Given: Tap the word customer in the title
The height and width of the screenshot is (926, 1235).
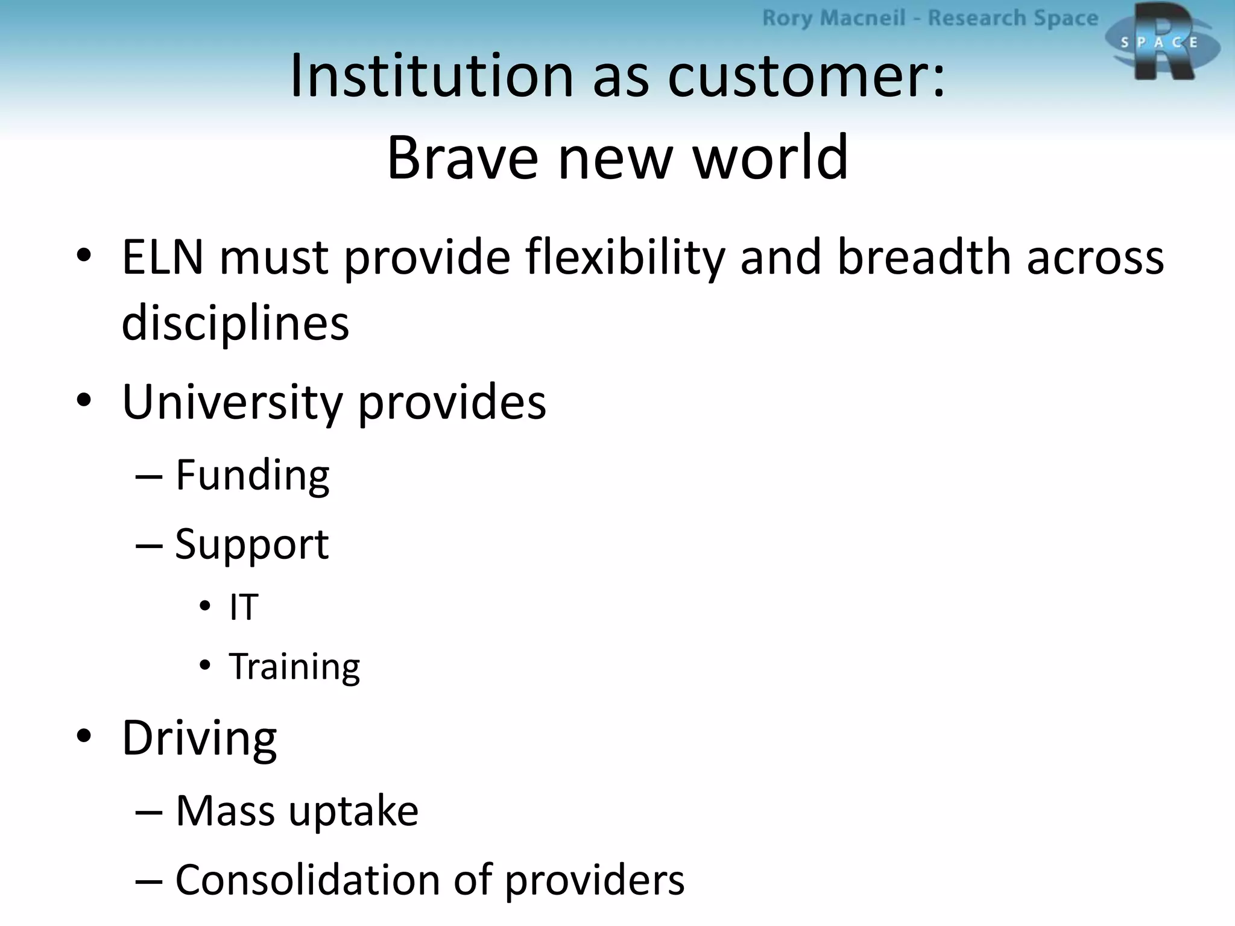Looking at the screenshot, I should coord(806,77).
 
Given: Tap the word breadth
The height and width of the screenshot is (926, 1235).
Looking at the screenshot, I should coord(924,257).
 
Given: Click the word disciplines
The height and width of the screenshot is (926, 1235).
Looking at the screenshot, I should coord(235,323).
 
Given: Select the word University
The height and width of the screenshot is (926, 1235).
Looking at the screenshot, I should coord(232,402).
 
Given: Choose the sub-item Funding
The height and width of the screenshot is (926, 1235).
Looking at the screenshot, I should coord(252,475).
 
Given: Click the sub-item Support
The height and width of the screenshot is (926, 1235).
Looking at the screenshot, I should coord(252,544).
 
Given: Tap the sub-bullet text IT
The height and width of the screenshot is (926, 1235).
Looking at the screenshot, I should coord(244,606).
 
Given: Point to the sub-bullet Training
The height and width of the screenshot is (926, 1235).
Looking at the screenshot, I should coord(294,667).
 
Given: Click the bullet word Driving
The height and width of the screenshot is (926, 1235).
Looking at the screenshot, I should coord(199,738).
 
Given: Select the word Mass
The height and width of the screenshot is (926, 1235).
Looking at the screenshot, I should coord(226,811).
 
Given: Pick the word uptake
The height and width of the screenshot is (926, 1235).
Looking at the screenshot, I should coord(353,812).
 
